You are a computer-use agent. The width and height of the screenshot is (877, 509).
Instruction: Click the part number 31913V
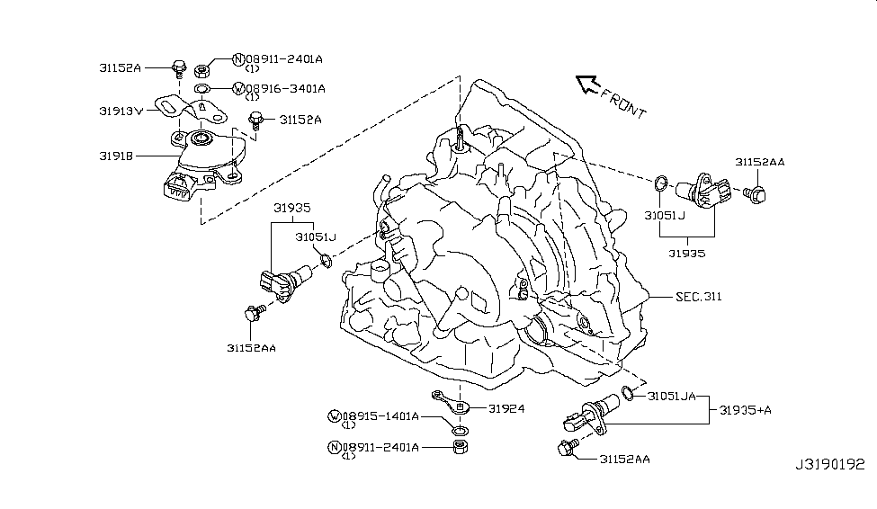click(121, 111)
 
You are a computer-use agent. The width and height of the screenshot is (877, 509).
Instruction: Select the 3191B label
click(117, 156)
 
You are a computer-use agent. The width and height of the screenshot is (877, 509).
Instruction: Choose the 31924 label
click(506, 407)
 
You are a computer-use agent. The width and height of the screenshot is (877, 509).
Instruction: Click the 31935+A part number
click(746, 410)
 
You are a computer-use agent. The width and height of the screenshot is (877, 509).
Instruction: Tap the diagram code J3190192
click(829, 465)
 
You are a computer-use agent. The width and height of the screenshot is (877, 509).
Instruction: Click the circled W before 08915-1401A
click(336, 416)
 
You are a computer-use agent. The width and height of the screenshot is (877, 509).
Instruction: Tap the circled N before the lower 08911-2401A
click(336, 447)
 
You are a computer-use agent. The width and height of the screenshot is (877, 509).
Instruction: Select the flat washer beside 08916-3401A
click(204, 89)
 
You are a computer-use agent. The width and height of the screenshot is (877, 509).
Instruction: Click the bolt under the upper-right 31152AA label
click(756, 192)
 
